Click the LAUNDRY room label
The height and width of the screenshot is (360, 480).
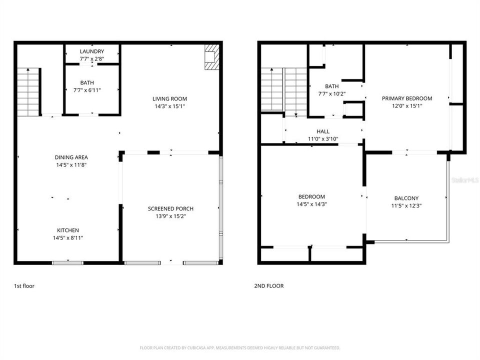[x=92, y=51]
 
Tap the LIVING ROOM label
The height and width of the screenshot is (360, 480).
[x=170, y=99]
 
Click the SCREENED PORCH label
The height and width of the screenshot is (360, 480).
[x=170, y=209]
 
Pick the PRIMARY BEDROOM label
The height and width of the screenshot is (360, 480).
[x=407, y=98]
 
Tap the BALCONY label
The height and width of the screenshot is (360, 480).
[x=406, y=198]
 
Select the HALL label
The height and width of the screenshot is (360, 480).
[x=323, y=131]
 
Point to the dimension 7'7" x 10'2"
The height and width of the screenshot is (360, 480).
[x=332, y=93]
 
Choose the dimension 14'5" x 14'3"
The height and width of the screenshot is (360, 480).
[x=312, y=204]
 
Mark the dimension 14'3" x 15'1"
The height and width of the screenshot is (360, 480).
[x=170, y=106]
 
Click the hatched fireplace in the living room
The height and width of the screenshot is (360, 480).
[x=211, y=56]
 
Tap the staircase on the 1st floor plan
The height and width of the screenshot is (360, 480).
[x=28, y=91]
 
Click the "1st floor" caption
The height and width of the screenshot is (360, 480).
[x=24, y=286]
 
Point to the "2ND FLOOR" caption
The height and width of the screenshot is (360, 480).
[x=268, y=286]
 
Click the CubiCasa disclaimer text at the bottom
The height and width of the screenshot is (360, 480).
[x=240, y=347]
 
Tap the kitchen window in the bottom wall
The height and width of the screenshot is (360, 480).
[x=68, y=262]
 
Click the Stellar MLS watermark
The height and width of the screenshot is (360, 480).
[x=465, y=179]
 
